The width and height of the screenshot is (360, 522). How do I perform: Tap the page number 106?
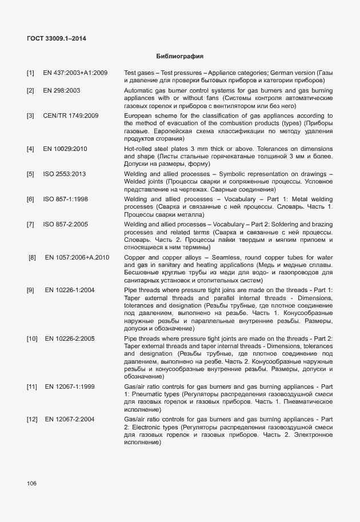click(x=31, y=484)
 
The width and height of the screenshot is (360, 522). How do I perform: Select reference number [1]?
click(x=30, y=73)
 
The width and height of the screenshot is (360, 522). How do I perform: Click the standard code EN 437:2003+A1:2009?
click(x=75, y=73)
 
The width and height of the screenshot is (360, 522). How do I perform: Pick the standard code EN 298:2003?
click(x=61, y=90)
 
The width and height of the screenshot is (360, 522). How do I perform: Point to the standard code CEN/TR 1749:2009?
click(x=70, y=115)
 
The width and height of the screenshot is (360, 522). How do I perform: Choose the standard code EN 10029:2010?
click(x=64, y=149)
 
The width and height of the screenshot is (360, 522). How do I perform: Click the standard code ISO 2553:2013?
click(x=65, y=174)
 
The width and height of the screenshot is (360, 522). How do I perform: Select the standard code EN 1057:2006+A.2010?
click(x=77, y=257)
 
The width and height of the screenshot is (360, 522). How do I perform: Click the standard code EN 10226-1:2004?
click(x=70, y=290)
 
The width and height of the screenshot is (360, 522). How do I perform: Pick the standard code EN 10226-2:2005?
click(x=70, y=339)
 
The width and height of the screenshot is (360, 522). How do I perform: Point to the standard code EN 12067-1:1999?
click(x=70, y=387)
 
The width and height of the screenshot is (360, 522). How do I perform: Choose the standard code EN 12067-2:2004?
click(x=70, y=420)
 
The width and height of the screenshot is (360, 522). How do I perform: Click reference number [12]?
click(x=31, y=420)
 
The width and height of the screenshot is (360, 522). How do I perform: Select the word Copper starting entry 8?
click(x=135, y=257)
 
